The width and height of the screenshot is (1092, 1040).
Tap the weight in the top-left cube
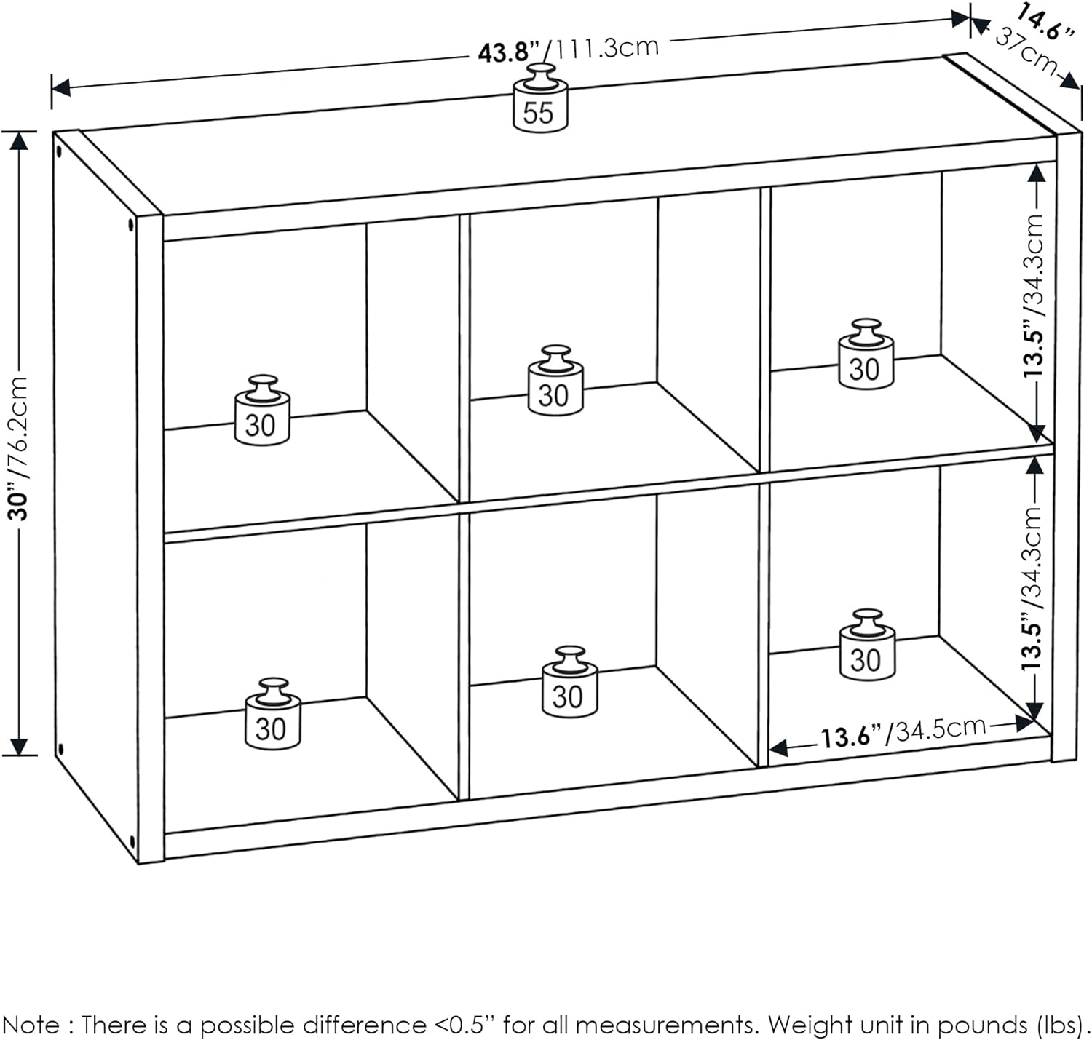(x=262, y=412)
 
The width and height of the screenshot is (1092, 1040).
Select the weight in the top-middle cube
(x=555, y=383)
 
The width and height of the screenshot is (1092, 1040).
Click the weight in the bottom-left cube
(x=272, y=715)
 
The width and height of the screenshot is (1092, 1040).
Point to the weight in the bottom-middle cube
(x=569, y=683)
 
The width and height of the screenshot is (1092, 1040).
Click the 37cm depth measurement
(x=1026, y=49)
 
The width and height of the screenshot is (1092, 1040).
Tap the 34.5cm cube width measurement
(x=940, y=729)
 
